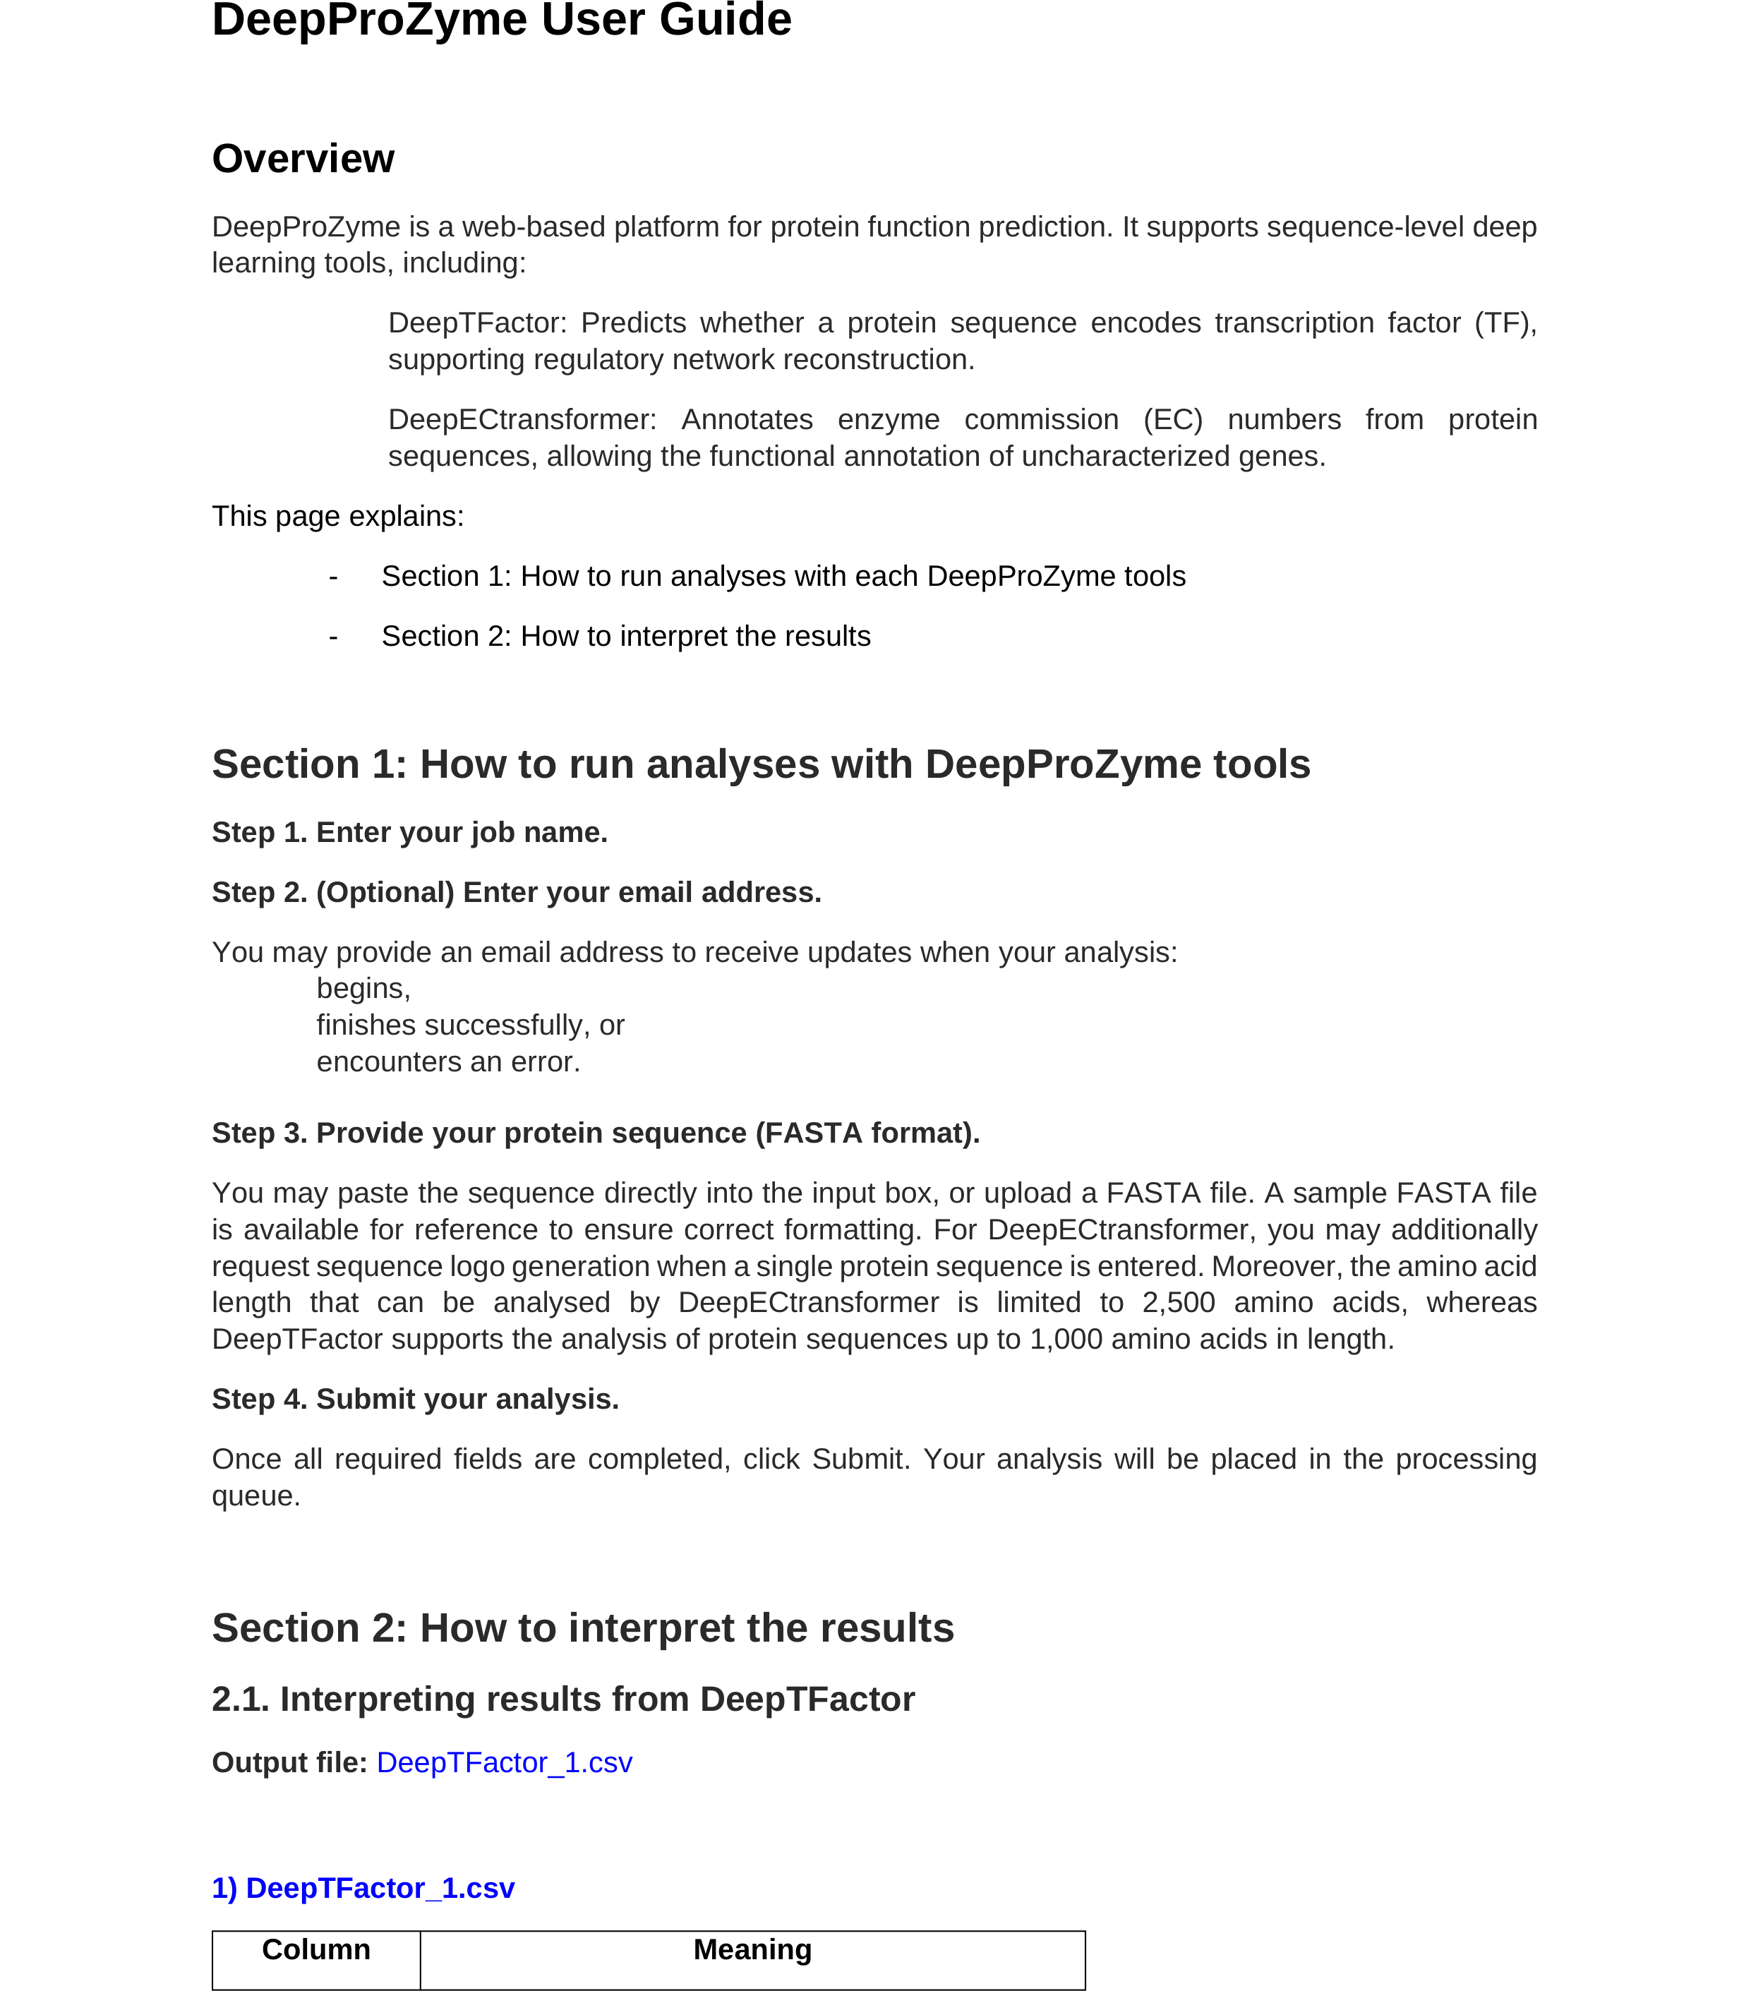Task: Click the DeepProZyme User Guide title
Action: click(502, 20)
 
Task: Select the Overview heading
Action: click(303, 159)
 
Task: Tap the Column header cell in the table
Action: click(315, 1949)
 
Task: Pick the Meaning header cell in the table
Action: click(752, 1949)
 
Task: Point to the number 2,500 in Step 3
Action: click(1179, 1302)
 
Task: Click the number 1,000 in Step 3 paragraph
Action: click(1066, 1340)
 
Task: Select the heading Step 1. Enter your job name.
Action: click(409, 833)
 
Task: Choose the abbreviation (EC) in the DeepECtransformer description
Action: click(1172, 420)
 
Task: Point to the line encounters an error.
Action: click(448, 1061)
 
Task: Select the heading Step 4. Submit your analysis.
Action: click(415, 1399)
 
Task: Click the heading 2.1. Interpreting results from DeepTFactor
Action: click(563, 1699)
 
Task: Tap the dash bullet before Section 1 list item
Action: click(333, 577)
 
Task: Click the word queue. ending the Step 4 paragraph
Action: click(256, 1496)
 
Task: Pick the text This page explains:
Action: click(338, 516)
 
